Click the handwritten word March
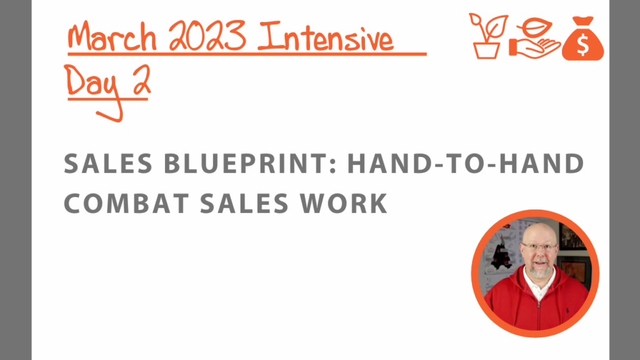(112, 37)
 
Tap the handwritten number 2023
(207, 36)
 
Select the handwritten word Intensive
(326, 37)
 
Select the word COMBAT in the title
(126, 203)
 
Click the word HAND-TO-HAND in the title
(466, 164)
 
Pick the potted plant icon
(487, 36)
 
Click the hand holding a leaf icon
(535, 38)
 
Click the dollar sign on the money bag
(583, 44)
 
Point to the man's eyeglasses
(539, 247)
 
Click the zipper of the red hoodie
(539, 314)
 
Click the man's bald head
(539, 232)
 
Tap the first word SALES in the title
(108, 164)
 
